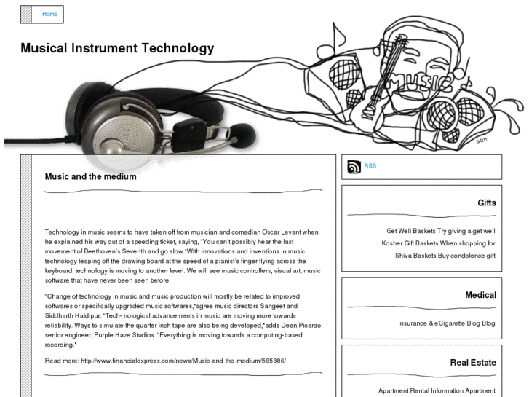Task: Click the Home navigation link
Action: tap(49, 15)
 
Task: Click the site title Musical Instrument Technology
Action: tap(117, 49)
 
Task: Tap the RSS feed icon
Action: tap(354, 167)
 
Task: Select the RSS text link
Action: tap(370, 166)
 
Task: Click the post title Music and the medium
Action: tap(90, 176)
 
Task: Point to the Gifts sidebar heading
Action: tap(487, 203)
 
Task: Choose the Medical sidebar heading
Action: tap(480, 295)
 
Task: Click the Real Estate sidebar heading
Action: tap(473, 362)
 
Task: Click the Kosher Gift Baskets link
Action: tap(409, 243)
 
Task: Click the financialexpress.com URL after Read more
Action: tap(183, 361)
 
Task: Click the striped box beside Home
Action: tap(26, 15)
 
